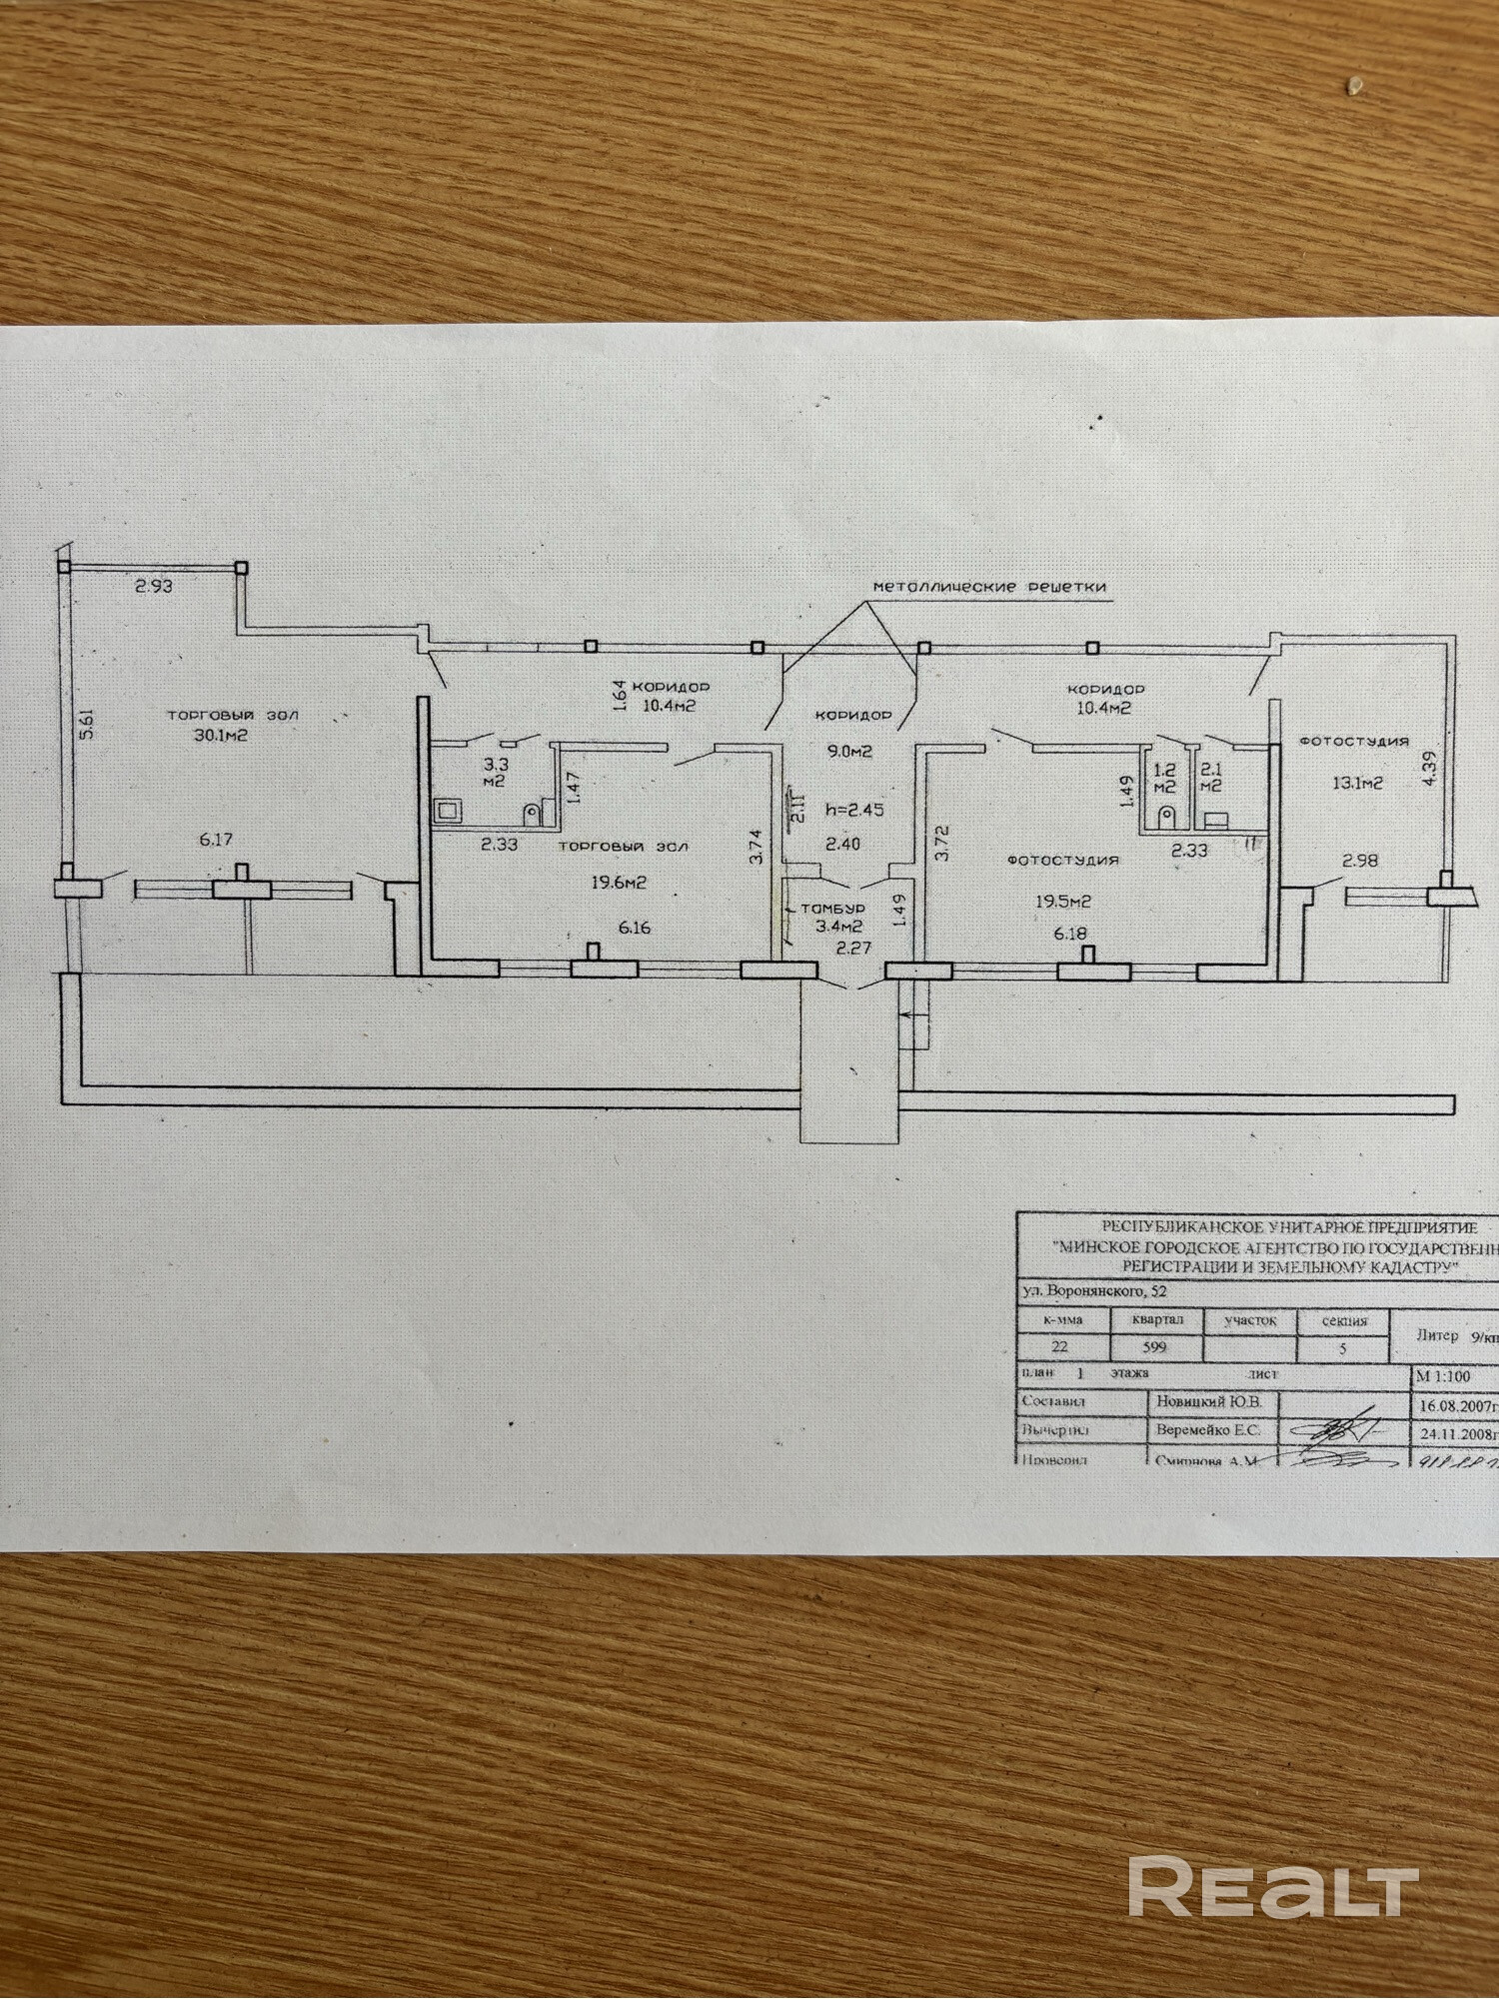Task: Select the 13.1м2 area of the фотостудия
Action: [1354, 785]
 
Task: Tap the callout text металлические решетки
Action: [989, 587]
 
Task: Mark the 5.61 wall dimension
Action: [87, 722]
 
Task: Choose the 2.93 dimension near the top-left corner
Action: [154, 587]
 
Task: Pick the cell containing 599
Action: [1154, 1346]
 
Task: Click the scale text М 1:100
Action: [1442, 1376]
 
